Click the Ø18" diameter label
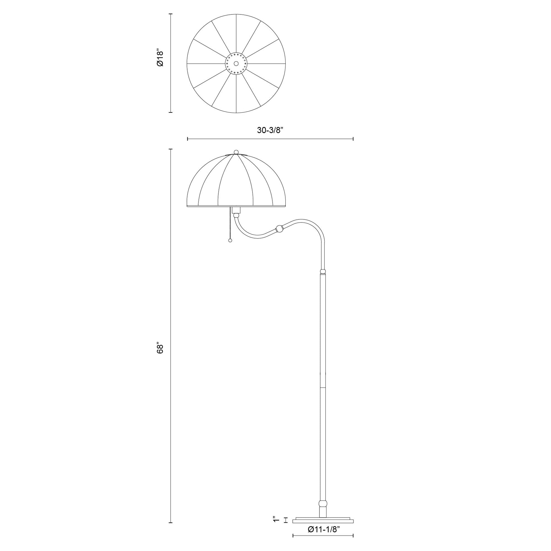[160, 59]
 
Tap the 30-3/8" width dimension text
[270, 130]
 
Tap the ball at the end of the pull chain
[230, 241]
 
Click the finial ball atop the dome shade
[236, 152]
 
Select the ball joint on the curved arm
[279, 229]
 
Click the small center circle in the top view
[236, 63]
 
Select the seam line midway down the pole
[323, 388]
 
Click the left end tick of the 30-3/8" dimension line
[187, 139]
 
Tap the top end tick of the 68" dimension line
[170, 149]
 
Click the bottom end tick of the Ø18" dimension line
[170, 112]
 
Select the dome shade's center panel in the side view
[236, 183]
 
